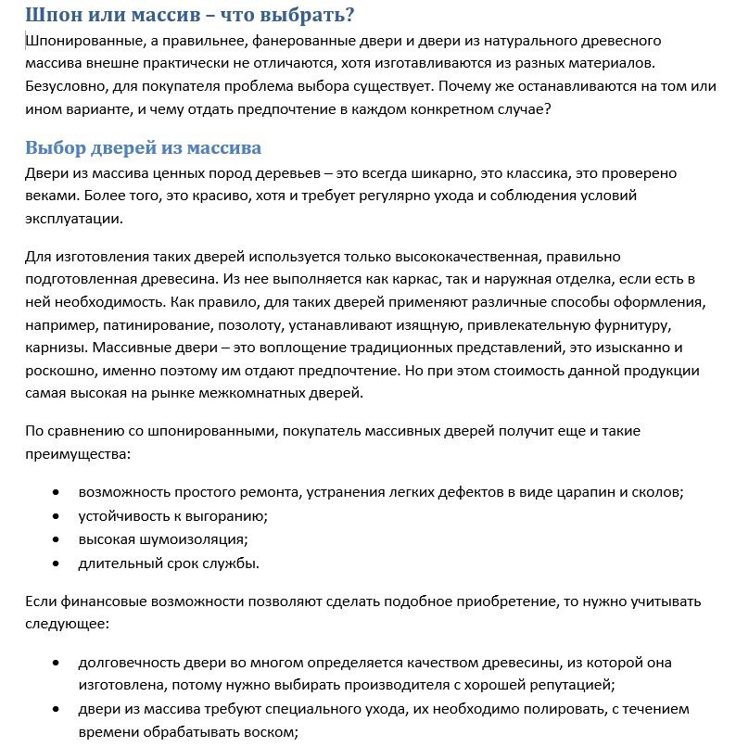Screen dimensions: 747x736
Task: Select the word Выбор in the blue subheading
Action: [x=55, y=147]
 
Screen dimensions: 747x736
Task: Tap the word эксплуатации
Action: [x=73, y=219]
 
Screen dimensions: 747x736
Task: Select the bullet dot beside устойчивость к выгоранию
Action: [x=57, y=516]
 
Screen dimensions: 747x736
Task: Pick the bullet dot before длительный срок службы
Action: [x=57, y=562]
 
